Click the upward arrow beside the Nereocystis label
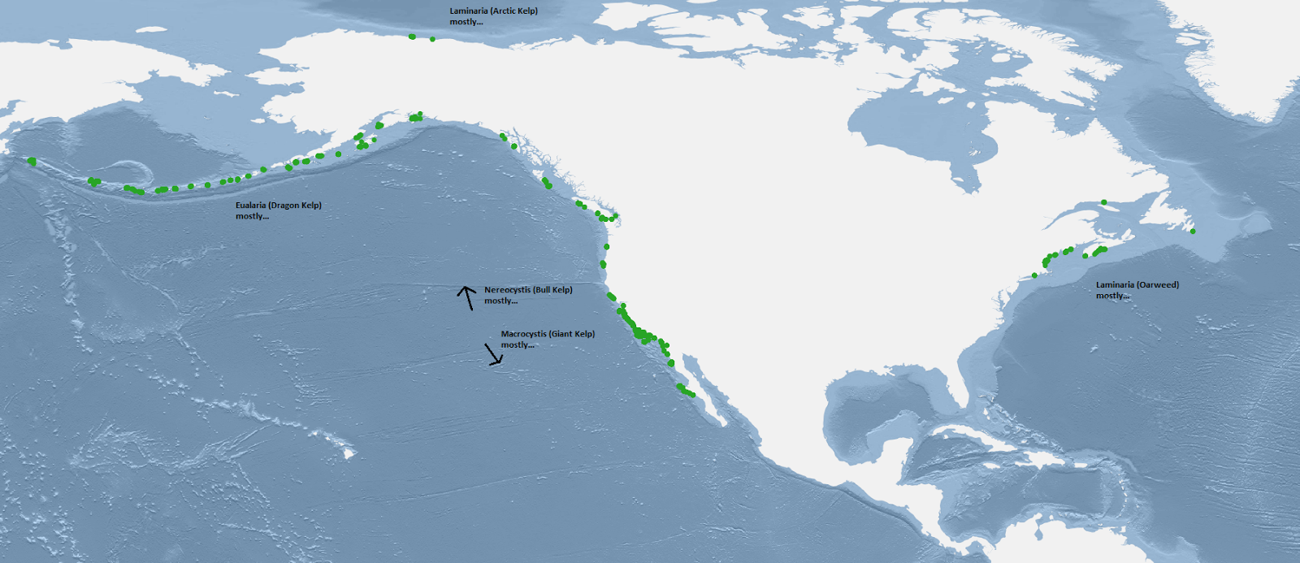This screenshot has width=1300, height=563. click(466, 297)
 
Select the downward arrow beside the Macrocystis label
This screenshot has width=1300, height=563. click(493, 355)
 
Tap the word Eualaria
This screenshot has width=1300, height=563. click(250, 206)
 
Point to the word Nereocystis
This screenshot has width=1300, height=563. click(507, 290)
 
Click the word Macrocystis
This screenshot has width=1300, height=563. click(523, 334)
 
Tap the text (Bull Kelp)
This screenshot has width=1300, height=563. click(552, 290)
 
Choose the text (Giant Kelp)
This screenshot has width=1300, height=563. click(572, 334)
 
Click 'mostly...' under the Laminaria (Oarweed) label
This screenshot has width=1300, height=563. click(1112, 296)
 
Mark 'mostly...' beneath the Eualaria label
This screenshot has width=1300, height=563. click(252, 216)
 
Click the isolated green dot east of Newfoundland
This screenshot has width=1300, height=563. click(1193, 232)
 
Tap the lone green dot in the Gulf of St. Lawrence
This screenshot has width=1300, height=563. click(1103, 202)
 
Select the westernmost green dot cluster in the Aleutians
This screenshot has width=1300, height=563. click(32, 162)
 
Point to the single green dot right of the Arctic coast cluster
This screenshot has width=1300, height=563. click(432, 39)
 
